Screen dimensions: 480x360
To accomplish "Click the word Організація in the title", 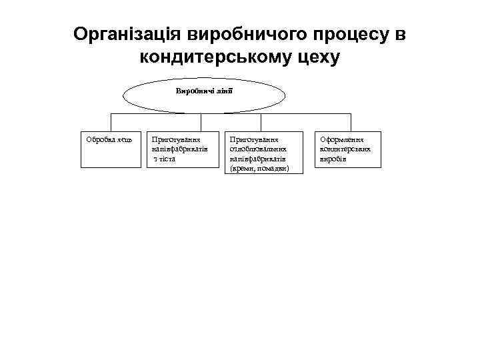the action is (x=128, y=34).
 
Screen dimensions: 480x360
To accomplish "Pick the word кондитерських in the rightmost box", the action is (x=345, y=150).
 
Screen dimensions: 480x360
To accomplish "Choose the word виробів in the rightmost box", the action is (x=333, y=159).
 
